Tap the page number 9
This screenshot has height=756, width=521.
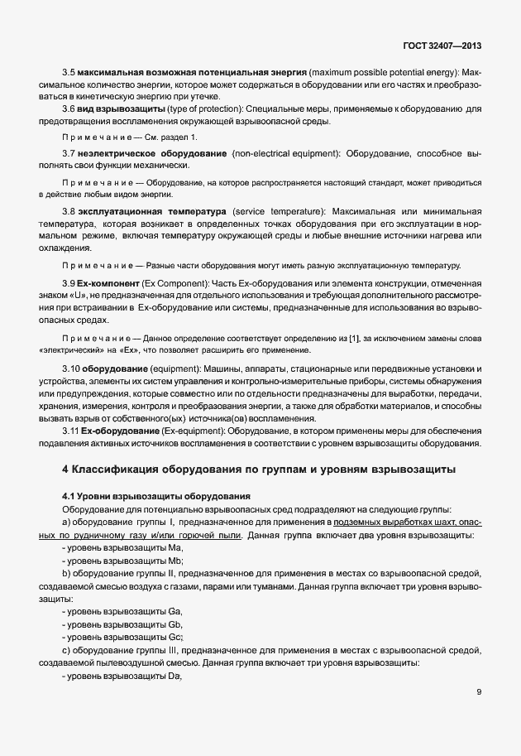tap(479, 692)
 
